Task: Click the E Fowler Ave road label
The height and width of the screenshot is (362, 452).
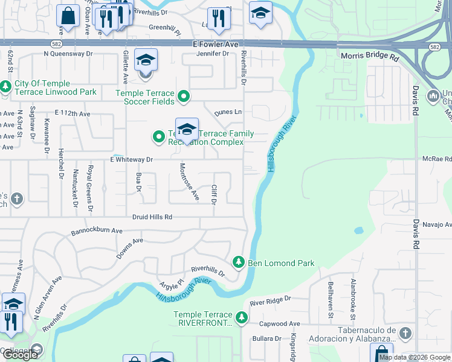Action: pyautogui.click(x=215, y=45)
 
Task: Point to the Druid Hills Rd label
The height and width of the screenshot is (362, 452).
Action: pyautogui.click(x=152, y=217)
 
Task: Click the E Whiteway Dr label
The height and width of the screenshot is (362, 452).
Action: pyautogui.click(x=131, y=159)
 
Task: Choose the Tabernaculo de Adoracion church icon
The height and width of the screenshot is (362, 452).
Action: pyautogui.click(x=405, y=333)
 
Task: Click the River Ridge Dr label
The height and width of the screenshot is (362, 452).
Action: pyautogui.click(x=270, y=299)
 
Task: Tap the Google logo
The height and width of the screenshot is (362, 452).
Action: pyautogui.click(x=20, y=355)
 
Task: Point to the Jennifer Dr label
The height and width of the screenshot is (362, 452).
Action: pyautogui.click(x=213, y=54)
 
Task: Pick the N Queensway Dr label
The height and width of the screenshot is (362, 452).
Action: pyautogui.click(x=69, y=53)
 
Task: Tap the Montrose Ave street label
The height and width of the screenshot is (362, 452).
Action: pyautogui.click(x=189, y=182)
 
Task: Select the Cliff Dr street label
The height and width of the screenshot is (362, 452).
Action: pyautogui.click(x=214, y=194)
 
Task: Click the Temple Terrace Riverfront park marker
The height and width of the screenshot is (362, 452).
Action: pyautogui.click(x=242, y=317)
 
